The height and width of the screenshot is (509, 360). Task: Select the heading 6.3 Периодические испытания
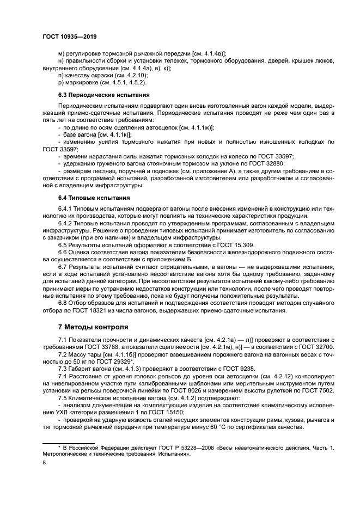click(96, 95)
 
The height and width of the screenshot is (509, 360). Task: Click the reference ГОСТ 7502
click(317, 391)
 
